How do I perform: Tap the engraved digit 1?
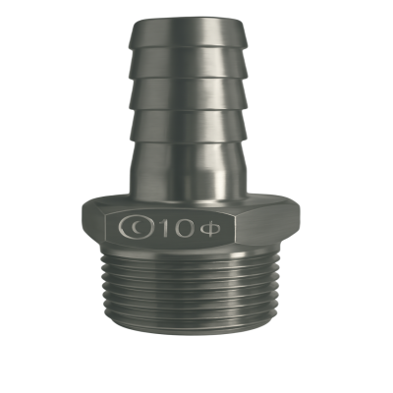click(166, 227)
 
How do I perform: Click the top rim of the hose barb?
click(188, 22)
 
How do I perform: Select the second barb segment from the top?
click(188, 64)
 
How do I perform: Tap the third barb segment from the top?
click(188, 95)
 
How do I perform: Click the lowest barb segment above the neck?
click(188, 126)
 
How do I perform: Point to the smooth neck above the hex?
click(188, 169)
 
